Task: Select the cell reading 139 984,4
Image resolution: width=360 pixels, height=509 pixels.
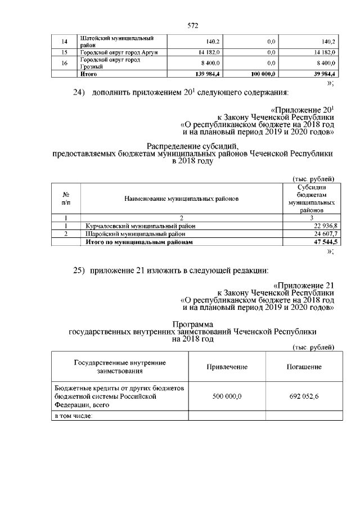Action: point(205,74)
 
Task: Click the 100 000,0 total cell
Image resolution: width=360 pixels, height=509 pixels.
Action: point(263,74)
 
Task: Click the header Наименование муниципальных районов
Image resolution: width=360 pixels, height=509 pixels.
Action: point(178,199)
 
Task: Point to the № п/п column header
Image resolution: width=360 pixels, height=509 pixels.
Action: point(66,199)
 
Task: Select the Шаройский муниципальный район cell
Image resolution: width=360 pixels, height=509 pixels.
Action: point(129,233)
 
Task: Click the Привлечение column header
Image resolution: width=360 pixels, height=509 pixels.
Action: point(227,367)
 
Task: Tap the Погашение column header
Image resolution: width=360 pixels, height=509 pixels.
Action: point(304,367)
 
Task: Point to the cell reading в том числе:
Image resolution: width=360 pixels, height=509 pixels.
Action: point(73,416)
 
